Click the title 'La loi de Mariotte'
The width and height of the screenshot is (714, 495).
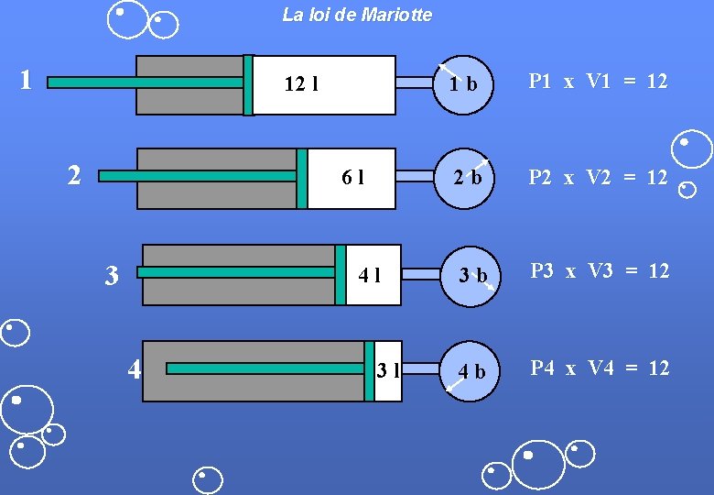pyautogui.click(x=357, y=15)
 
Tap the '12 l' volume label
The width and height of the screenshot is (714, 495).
pyautogui.click(x=301, y=85)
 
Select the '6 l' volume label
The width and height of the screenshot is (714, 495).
pyautogui.click(x=352, y=178)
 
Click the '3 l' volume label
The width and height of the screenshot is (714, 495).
pyautogui.click(x=388, y=370)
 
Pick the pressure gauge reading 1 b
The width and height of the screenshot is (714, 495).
pyautogui.click(x=463, y=84)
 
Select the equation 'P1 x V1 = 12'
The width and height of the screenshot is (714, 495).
pyautogui.click(x=599, y=81)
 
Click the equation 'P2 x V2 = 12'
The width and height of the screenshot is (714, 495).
pyautogui.click(x=599, y=177)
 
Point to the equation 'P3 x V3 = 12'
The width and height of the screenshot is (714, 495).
pyautogui.click(x=600, y=270)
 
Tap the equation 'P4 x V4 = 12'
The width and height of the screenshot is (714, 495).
pyautogui.click(x=600, y=368)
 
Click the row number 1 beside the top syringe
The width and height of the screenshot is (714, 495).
pyautogui.click(x=27, y=79)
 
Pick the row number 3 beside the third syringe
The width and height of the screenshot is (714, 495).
pyautogui.click(x=111, y=275)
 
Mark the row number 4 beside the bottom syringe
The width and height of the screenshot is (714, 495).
pyautogui.click(x=135, y=369)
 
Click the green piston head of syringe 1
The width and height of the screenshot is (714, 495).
pyautogui.click(x=248, y=85)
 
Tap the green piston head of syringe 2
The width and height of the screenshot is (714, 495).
pyautogui.click(x=302, y=178)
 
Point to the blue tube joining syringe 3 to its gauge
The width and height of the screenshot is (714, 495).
pyautogui.click(x=421, y=273)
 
